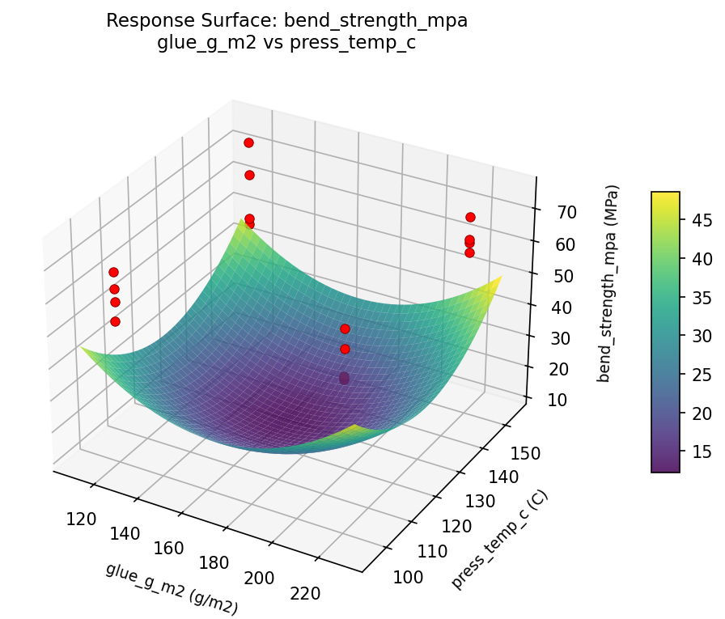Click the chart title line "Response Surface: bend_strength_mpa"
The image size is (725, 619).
tap(287, 21)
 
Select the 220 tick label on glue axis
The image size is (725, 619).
tap(304, 593)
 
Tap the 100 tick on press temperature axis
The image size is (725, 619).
tap(406, 576)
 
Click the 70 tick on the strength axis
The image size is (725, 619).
tap(554, 213)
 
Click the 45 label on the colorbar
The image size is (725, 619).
tap(701, 220)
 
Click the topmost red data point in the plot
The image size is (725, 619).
tap(248, 142)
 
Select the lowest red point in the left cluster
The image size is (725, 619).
tap(115, 321)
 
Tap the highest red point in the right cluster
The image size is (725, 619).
tap(470, 217)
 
